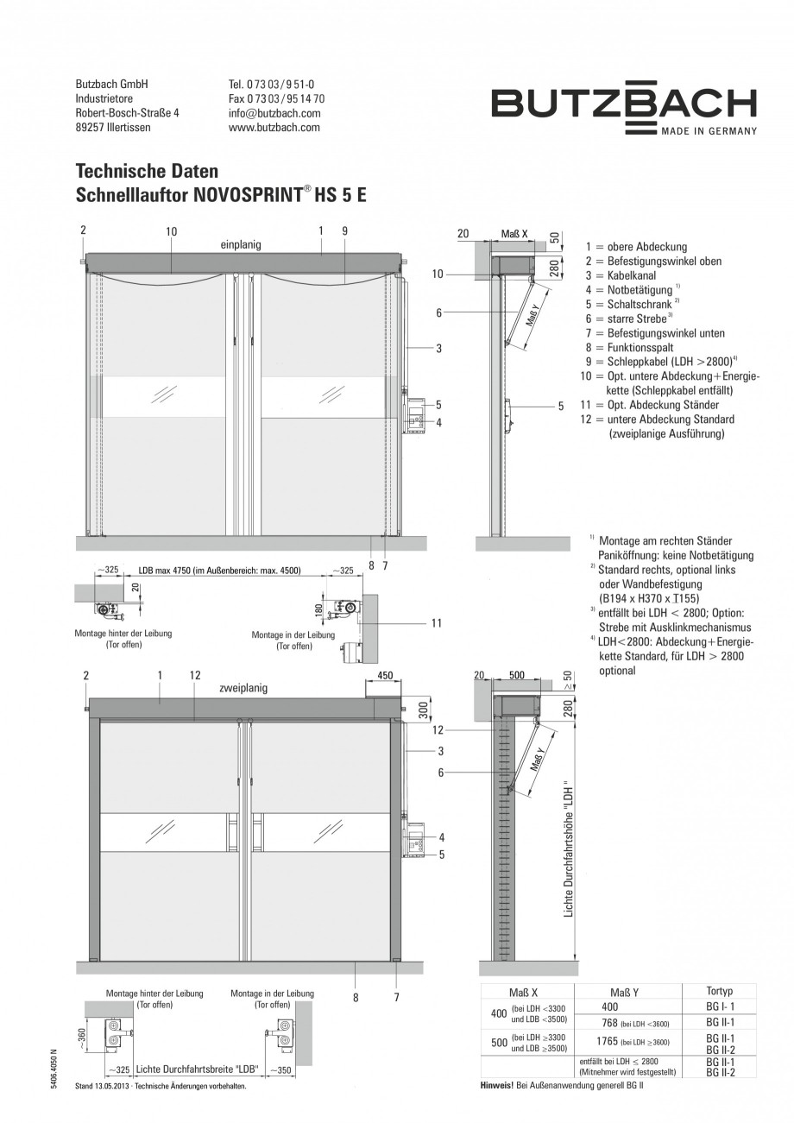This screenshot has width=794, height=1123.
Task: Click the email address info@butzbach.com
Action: [x=274, y=113]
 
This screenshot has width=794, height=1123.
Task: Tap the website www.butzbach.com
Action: [x=274, y=127]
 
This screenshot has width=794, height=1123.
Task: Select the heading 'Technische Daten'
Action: [x=147, y=171]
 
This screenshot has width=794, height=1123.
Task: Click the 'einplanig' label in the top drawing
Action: [x=241, y=245]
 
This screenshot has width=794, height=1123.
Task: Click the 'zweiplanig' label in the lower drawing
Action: [x=243, y=688]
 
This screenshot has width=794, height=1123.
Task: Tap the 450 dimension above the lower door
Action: [x=384, y=676]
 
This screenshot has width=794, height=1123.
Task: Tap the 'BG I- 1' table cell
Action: [x=720, y=1006]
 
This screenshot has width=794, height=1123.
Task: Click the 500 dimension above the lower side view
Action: [x=515, y=676]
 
